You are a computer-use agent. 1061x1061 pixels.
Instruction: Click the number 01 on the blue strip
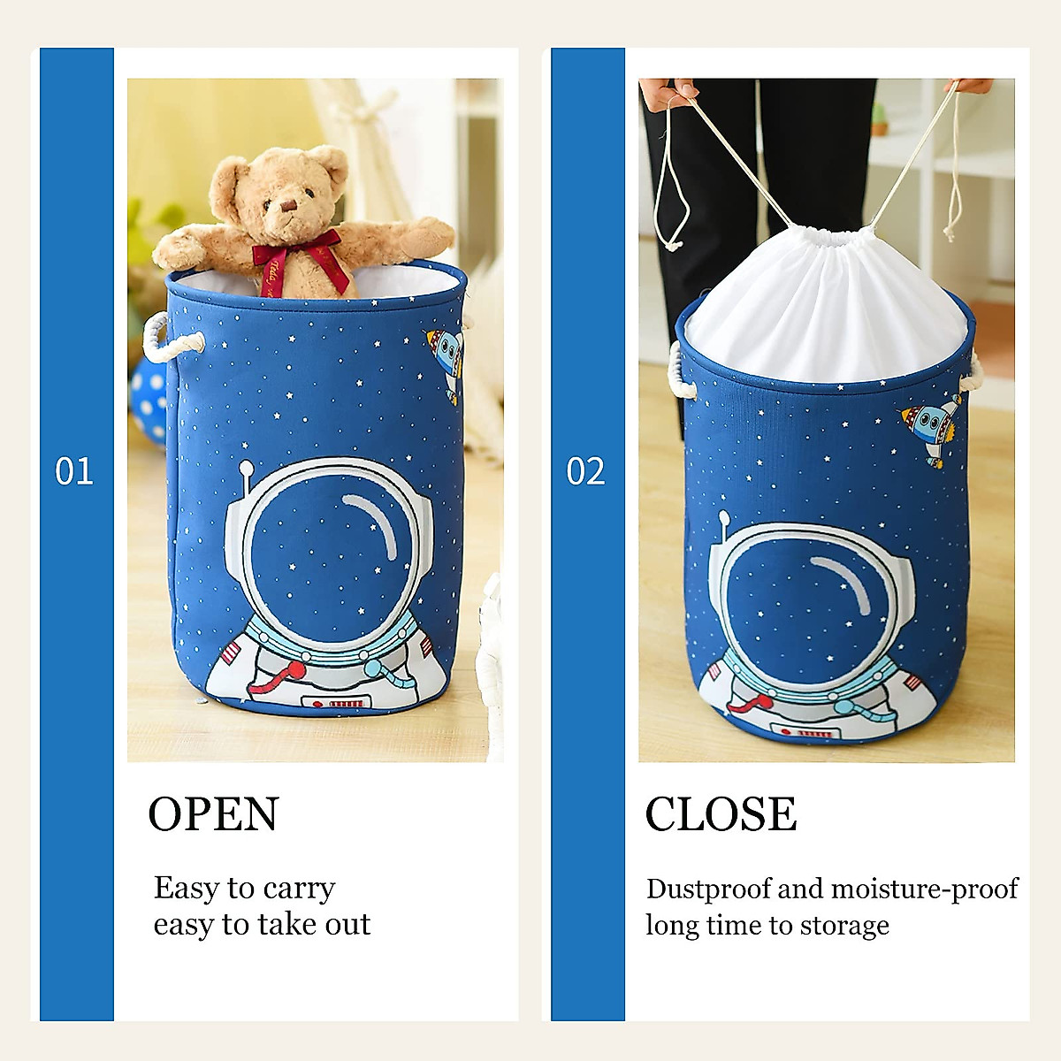tap(74, 471)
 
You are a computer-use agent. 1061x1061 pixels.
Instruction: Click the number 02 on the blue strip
tap(585, 471)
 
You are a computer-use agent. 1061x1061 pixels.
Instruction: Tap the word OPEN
tap(213, 814)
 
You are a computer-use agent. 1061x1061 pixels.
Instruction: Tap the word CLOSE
tap(721, 814)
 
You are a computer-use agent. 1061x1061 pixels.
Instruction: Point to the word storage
tap(844, 926)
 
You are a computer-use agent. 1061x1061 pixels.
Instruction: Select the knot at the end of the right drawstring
tap(951, 233)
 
